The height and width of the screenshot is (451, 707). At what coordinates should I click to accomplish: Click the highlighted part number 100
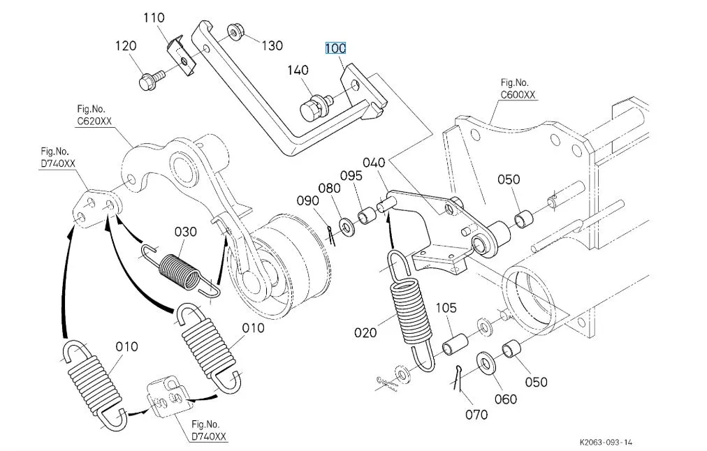(335, 48)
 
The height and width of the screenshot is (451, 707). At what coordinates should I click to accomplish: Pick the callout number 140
(298, 70)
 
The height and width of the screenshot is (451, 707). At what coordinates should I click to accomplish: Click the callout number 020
(365, 333)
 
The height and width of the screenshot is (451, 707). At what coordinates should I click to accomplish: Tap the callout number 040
(374, 163)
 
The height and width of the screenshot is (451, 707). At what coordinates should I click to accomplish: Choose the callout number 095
(351, 175)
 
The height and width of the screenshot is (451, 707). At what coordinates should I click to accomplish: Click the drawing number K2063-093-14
(606, 442)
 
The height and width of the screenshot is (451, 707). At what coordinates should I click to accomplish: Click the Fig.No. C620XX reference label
(94, 115)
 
